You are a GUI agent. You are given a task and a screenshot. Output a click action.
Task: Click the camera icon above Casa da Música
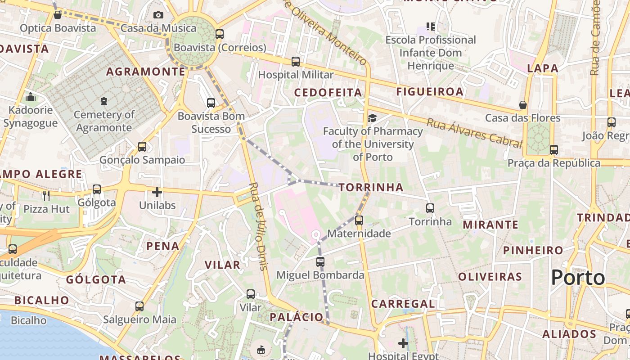click(x=158, y=15)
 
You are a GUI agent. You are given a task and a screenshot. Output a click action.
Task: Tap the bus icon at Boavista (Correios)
click(x=220, y=34)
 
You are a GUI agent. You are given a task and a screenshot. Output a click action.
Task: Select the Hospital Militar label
click(x=296, y=75)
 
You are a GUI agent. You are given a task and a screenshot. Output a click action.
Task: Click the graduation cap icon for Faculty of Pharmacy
click(x=372, y=118)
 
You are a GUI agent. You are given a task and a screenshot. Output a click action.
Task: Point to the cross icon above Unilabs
click(x=157, y=193)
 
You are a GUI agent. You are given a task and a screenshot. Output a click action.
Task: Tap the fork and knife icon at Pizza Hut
click(x=46, y=195)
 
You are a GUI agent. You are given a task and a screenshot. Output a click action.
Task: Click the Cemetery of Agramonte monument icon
click(x=104, y=101)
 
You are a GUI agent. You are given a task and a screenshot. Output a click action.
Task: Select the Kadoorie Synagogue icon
click(x=31, y=97)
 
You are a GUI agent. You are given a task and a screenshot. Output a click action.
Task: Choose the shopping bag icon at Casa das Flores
click(x=522, y=105)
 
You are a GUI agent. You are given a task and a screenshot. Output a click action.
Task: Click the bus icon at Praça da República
click(x=553, y=149)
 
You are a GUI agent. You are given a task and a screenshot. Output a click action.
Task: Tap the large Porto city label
click(x=578, y=278)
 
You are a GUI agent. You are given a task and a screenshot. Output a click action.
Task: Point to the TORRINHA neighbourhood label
click(x=371, y=188)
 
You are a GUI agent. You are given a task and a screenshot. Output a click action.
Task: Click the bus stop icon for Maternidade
click(x=359, y=220)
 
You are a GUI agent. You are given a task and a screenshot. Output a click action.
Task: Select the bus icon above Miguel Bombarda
click(x=320, y=261)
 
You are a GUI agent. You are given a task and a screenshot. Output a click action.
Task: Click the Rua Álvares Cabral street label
click(x=474, y=133)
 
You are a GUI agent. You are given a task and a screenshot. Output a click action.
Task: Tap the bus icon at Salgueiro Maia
click(x=139, y=306)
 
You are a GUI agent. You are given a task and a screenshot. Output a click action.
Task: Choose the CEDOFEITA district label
click(x=328, y=93)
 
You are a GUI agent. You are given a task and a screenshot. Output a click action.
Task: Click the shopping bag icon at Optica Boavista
click(x=58, y=15)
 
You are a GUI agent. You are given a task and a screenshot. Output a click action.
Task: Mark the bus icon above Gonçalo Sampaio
click(x=142, y=146)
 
